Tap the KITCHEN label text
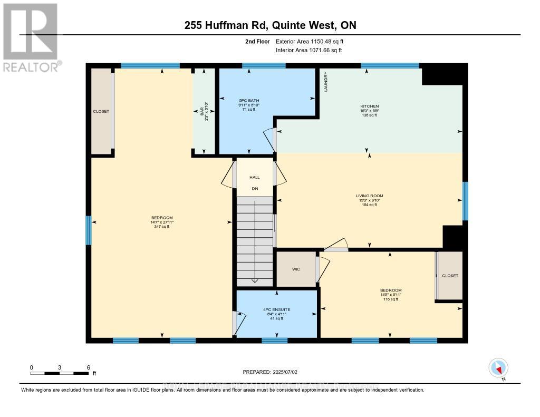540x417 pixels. (369, 106)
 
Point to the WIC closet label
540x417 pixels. (296, 269)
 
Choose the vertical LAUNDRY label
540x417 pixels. (326, 82)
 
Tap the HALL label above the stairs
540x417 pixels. (255, 177)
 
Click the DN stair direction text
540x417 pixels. (255, 188)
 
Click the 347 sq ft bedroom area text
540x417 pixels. (162, 227)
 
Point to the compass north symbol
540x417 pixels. (498, 368)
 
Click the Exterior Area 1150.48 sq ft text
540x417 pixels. (311, 41)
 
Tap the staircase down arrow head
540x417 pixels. (255, 280)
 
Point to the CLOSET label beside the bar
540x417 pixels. (101, 112)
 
